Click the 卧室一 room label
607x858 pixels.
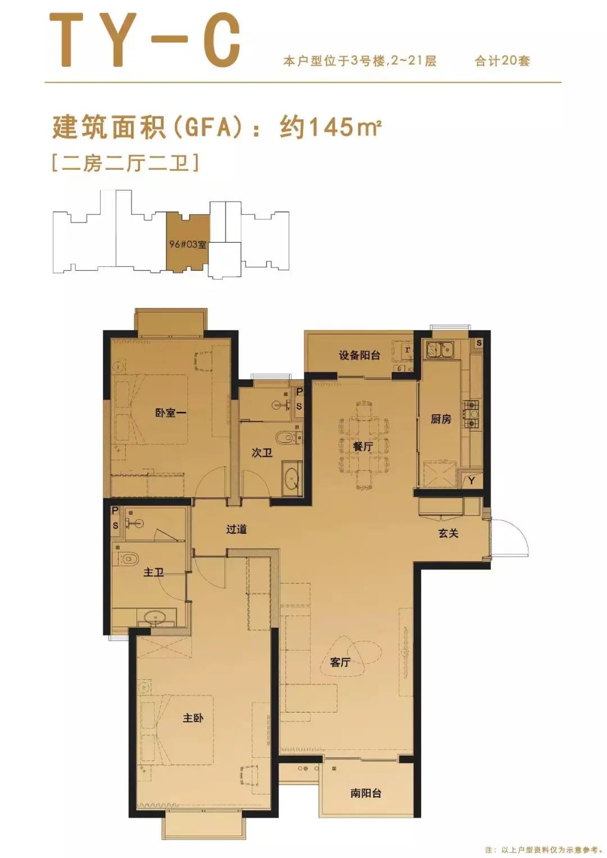[x=171, y=413]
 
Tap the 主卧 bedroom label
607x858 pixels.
[x=193, y=718]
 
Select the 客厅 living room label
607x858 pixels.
[x=340, y=662]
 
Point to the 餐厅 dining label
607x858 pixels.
[x=363, y=446]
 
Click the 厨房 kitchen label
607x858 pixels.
[x=441, y=419]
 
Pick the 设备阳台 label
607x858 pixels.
[x=359, y=355]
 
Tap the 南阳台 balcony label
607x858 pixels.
[x=366, y=793]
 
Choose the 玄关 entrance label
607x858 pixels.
[x=449, y=533]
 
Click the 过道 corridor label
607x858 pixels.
[x=236, y=529]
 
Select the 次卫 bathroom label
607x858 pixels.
[x=262, y=452]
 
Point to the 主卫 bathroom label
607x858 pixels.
[x=153, y=572]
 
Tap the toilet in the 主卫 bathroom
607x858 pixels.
[x=129, y=558]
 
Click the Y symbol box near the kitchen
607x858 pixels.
[x=472, y=480]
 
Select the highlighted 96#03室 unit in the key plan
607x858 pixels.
[x=188, y=244]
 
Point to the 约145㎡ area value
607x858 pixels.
[x=330, y=127]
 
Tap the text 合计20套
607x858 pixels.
[x=502, y=61]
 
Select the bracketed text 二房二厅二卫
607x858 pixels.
[x=125, y=164]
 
